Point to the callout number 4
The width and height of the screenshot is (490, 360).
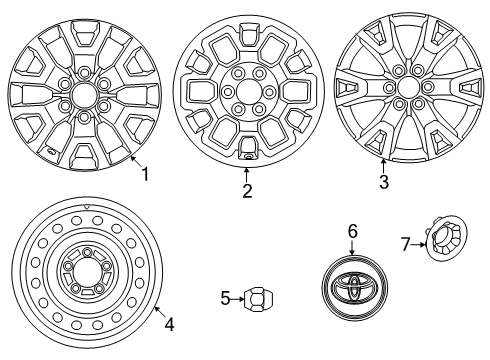(x=169, y=323)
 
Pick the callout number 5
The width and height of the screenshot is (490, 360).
(x=226, y=297)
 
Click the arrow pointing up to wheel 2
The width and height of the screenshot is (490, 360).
(x=246, y=172)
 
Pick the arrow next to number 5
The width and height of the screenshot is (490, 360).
(x=237, y=297)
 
